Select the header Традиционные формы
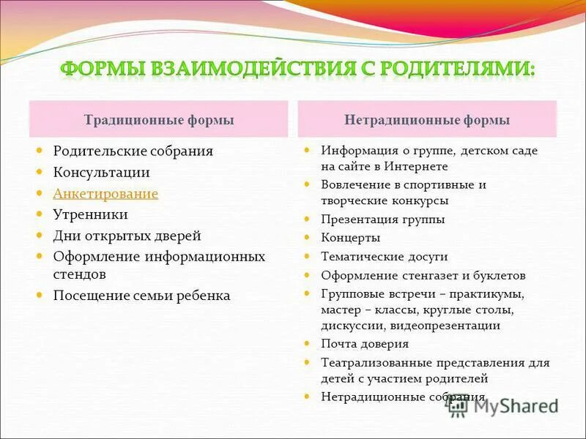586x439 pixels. coord(159,120)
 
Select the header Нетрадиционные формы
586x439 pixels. coord(427,120)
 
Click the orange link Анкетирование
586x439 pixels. coord(105,194)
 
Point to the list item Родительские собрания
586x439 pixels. coord(133,151)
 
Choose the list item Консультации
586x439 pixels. coord(101,173)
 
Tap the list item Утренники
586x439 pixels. coord(90,215)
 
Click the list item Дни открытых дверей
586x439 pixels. coord(127,236)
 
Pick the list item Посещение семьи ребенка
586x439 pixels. coord(141,296)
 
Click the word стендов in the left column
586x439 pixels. coord(80,274)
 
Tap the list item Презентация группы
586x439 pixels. coord(382,219)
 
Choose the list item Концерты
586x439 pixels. coord(350,238)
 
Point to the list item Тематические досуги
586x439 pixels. coord(384,257)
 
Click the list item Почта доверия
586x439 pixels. coord(365,344)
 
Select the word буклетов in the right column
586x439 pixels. coord(498,276)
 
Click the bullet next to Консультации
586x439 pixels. coord(41,173)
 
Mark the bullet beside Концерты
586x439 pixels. coord(308,238)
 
